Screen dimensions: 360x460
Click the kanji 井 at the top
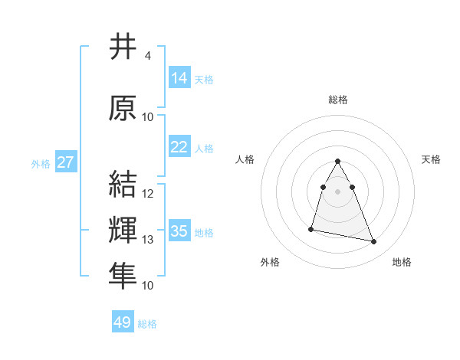pyautogui.click(x=123, y=47)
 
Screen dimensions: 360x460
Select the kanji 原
pyautogui.click(x=123, y=109)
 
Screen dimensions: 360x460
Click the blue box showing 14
pyautogui.click(x=179, y=78)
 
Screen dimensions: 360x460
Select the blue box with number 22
pyautogui.click(x=179, y=147)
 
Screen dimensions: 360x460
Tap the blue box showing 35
pyautogui.click(x=179, y=231)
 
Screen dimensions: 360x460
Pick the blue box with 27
pyautogui.click(x=65, y=162)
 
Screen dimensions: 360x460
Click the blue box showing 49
pyautogui.click(x=123, y=322)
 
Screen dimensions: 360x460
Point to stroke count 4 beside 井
pyautogui.click(x=147, y=56)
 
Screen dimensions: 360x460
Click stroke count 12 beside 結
pyautogui.click(x=148, y=194)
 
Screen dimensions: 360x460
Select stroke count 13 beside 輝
pyautogui.click(x=148, y=240)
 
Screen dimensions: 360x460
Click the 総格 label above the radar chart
pyautogui.click(x=338, y=100)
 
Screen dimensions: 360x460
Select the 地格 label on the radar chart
pyautogui.click(x=402, y=262)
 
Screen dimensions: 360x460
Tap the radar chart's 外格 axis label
pyautogui.click(x=270, y=262)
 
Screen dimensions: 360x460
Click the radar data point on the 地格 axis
pyautogui.click(x=374, y=242)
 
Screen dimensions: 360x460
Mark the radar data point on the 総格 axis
pyautogui.click(x=338, y=161)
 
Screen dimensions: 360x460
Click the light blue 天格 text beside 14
pyautogui.click(x=204, y=79)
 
